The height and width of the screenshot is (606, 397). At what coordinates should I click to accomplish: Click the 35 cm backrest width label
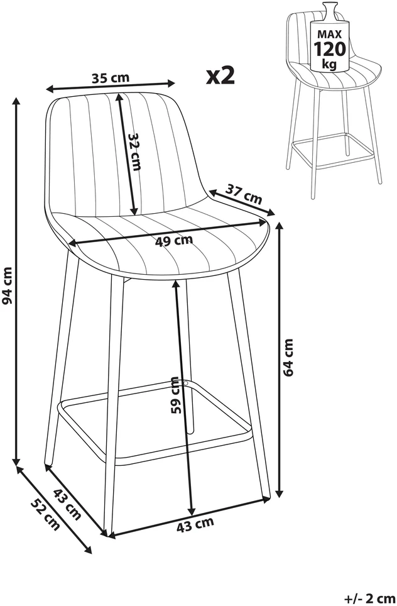(x=111, y=78)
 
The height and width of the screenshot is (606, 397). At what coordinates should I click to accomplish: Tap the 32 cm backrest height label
(x=135, y=152)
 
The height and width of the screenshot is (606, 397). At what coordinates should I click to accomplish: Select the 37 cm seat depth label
(x=244, y=194)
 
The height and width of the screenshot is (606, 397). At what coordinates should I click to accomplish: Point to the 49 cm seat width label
(x=174, y=241)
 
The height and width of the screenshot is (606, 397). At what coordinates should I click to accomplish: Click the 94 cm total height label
(x=8, y=285)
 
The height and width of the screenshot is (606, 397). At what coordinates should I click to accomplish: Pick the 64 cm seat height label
(x=288, y=357)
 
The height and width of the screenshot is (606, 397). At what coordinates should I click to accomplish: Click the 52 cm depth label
(x=46, y=515)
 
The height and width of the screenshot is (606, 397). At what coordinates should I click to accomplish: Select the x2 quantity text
(x=221, y=75)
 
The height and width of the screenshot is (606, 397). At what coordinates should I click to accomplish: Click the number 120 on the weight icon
(x=329, y=49)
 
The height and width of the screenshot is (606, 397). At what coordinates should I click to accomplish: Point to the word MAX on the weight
(x=329, y=35)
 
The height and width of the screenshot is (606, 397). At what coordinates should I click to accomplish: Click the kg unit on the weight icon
(x=329, y=63)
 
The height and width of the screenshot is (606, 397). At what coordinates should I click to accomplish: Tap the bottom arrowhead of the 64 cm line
(x=280, y=493)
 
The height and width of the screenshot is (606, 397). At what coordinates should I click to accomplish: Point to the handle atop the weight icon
(x=330, y=9)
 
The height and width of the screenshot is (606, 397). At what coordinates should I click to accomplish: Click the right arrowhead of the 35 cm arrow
(x=171, y=82)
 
